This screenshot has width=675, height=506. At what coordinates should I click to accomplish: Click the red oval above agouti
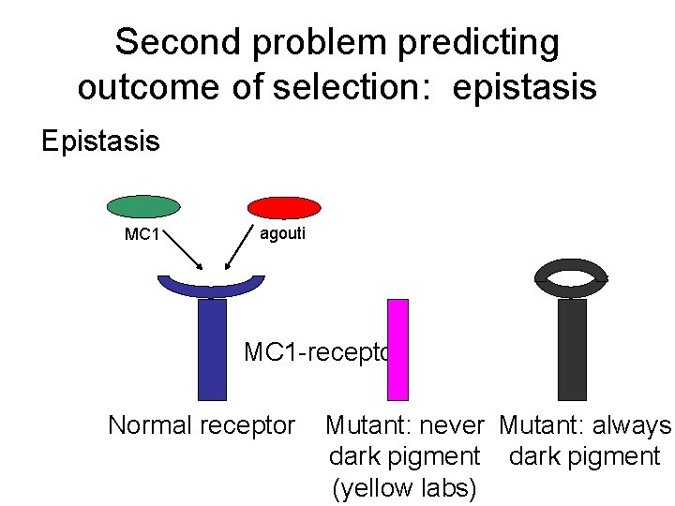point(284,207)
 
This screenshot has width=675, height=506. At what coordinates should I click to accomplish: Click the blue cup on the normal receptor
point(212,285)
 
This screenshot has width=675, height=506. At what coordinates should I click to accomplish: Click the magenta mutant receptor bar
point(398,350)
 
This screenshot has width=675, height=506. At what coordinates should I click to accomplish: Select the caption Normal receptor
point(202,425)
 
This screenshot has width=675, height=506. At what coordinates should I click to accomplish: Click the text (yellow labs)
point(403,488)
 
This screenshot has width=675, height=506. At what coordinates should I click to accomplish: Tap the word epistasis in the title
point(524,86)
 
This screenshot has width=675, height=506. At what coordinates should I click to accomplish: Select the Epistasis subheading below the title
point(101,141)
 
